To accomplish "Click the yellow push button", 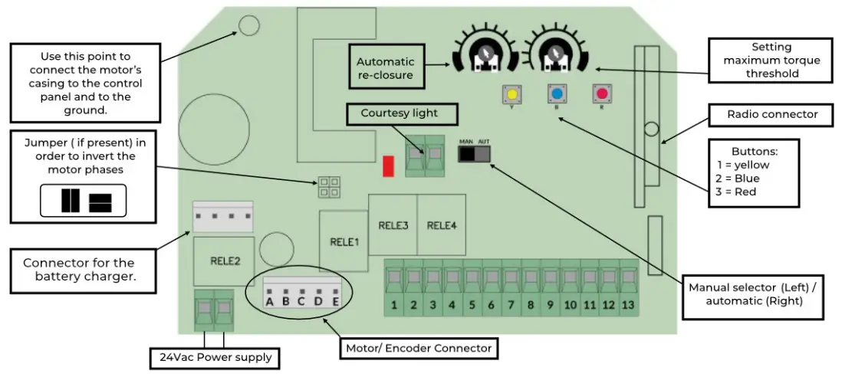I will coord(511,94).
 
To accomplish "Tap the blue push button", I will coord(557,94).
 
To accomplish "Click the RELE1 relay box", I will coord(344,241).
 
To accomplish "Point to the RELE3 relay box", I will coord(393,225).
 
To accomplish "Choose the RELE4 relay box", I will coord(441,225).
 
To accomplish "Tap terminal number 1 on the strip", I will coord(393,305).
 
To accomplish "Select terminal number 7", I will coord(511,305).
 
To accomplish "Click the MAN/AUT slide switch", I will coord(474,154).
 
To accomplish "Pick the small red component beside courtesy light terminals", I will coord(388,166).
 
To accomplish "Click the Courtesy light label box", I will coord(399,113).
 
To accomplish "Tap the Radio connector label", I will coord(772,115).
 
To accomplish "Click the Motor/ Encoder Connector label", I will coord(418,348).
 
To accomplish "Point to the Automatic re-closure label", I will coord(385,68).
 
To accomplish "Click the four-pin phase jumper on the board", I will coord(330,186).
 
